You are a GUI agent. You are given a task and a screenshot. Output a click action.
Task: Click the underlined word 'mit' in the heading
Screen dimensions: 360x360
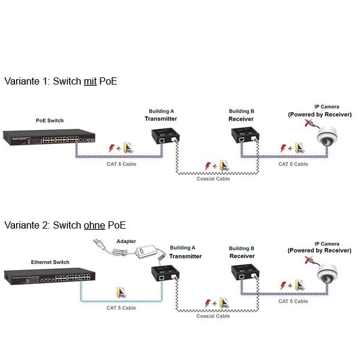click(90, 80)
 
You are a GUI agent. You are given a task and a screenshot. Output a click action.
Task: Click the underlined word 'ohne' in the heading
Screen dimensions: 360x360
click(94, 225)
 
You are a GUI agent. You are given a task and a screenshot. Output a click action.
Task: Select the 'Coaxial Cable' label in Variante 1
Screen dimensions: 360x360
click(213, 178)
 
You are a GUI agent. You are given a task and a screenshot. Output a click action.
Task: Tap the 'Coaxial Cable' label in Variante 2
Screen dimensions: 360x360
click(213, 316)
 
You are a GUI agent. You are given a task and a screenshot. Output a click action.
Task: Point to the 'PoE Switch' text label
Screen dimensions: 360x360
click(50, 121)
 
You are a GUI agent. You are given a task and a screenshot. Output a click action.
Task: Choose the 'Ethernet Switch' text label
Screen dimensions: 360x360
click(50, 262)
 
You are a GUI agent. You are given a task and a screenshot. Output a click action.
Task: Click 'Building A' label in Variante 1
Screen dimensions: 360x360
click(161, 111)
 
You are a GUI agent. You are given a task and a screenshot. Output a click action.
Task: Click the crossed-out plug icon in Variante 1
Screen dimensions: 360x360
click(310, 124)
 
